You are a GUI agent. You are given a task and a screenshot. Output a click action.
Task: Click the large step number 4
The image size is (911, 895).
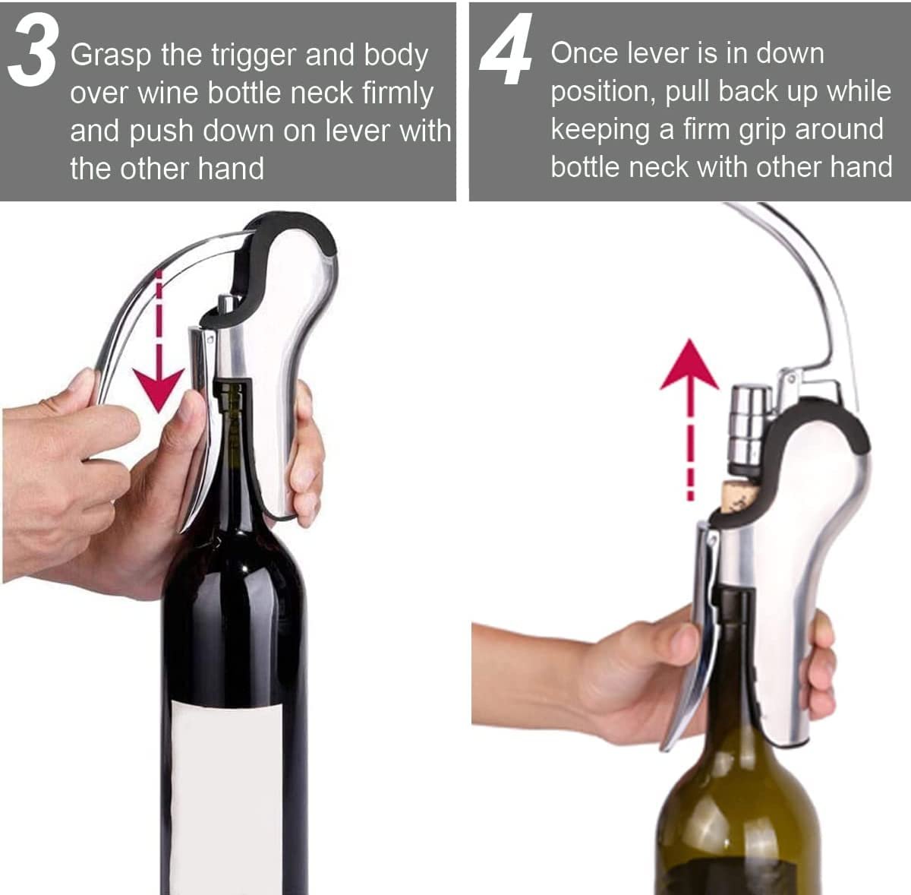[x=506, y=49]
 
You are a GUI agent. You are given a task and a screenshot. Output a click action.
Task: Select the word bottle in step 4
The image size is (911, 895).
[x=585, y=168]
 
